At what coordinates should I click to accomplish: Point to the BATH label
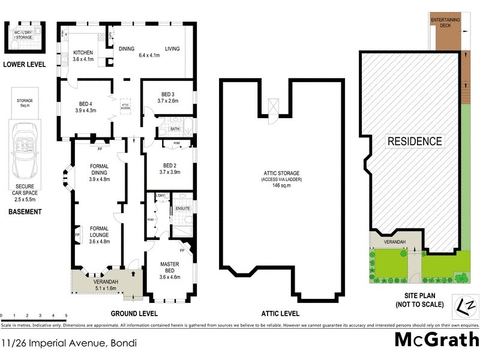pos(175,128)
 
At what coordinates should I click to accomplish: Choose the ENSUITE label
pos(182,208)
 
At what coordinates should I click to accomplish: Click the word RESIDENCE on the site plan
pos(414,142)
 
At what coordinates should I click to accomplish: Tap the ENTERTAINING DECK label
pos(445,23)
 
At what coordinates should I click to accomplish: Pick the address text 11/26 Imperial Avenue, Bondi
pos(69,344)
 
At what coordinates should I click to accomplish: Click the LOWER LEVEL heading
pos(24,64)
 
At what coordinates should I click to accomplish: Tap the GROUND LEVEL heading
pos(134,313)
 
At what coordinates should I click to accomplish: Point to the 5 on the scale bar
pos(66,314)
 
